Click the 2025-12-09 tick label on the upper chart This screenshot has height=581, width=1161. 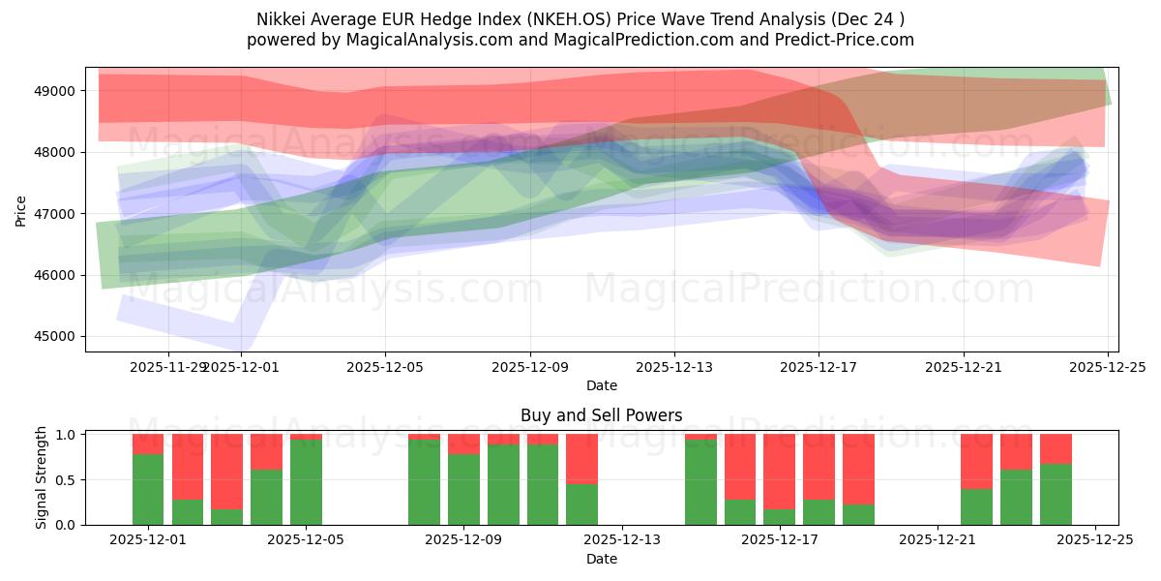(530, 367)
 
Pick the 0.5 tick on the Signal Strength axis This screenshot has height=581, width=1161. (68, 480)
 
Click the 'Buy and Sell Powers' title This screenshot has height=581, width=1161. (601, 415)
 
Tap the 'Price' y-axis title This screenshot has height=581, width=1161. (20, 209)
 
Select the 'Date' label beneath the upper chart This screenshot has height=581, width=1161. (601, 385)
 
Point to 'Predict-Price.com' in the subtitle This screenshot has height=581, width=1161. (844, 40)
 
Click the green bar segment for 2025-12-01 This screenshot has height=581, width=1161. (148, 489)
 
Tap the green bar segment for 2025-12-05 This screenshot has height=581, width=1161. (306, 482)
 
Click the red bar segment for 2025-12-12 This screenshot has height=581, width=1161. (581, 458)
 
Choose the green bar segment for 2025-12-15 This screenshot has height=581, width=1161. (700, 482)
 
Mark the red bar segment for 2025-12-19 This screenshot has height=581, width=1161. (858, 469)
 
